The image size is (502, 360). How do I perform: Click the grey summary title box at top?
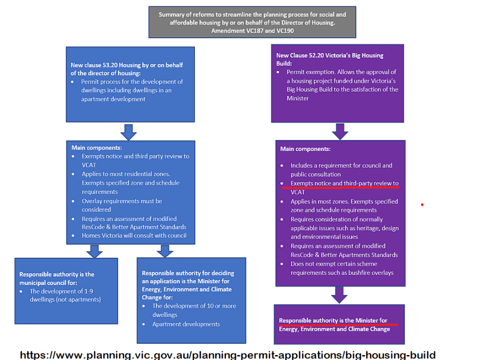click(x=252, y=22)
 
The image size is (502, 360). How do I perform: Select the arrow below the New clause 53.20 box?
click(x=128, y=132)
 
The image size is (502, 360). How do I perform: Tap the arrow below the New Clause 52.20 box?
click(x=340, y=131)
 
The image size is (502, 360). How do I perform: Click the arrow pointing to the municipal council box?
click(x=94, y=251)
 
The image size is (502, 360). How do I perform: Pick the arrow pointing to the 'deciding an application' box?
click(x=165, y=251)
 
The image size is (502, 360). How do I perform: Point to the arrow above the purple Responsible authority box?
click(x=339, y=295)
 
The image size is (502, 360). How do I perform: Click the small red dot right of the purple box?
click(x=422, y=205)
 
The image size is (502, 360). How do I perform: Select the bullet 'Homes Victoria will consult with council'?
click(x=134, y=236)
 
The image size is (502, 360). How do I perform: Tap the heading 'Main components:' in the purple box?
click(x=305, y=149)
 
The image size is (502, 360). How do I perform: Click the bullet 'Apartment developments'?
click(x=186, y=324)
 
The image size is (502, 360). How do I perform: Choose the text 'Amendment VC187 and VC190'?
click(x=252, y=31)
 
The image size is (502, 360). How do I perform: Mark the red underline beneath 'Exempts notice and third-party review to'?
click(x=339, y=187)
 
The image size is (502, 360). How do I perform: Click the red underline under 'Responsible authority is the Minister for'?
click(x=338, y=324)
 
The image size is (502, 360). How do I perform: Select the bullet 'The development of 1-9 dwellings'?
click(x=65, y=295)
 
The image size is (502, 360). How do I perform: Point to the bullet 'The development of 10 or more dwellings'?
click(x=194, y=310)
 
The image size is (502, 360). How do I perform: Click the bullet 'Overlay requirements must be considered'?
click(x=122, y=205)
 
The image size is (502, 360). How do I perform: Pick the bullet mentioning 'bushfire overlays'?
click(x=342, y=268)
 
